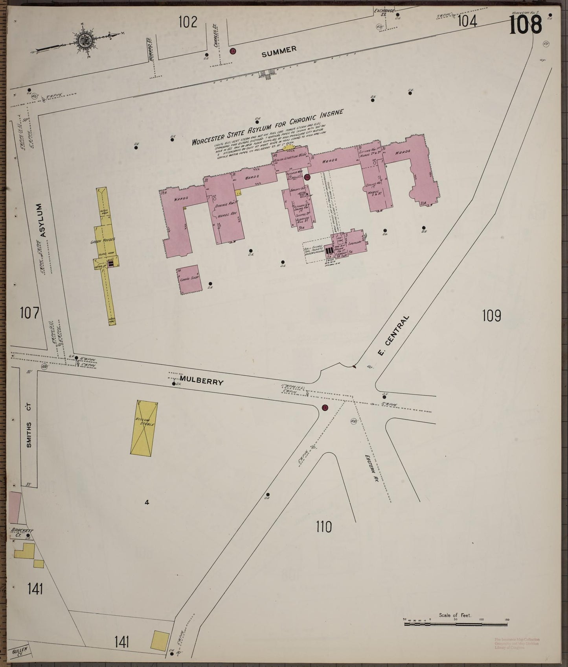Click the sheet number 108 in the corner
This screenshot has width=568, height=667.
[x=526, y=24]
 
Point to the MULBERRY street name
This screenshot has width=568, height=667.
[x=201, y=381]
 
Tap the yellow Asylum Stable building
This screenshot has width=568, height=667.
[x=143, y=428]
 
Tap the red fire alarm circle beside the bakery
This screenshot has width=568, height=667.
[x=307, y=177]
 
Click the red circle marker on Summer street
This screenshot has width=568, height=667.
[x=233, y=51]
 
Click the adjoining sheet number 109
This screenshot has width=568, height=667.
[x=491, y=316]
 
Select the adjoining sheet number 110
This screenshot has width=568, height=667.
[x=324, y=527]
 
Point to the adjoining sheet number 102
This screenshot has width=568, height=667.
[x=187, y=22]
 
